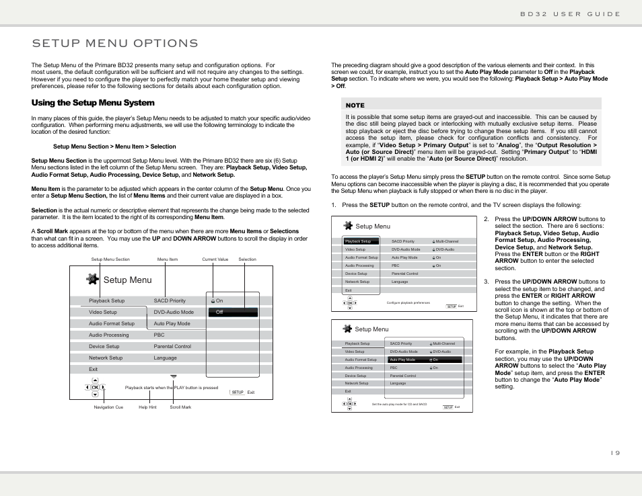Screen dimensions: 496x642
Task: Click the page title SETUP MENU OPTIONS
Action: point(115,44)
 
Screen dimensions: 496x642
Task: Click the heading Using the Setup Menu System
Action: point(93,103)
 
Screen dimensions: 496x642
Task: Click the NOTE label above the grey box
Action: point(355,106)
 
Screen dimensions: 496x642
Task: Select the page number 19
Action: point(615,453)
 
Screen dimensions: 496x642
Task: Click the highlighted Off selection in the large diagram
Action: point(232,313)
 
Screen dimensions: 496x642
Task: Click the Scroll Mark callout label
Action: point(180,407)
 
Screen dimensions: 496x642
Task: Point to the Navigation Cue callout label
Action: point(108,407)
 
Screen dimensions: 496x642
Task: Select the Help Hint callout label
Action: point(147,407)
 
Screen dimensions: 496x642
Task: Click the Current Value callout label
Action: point(215,259)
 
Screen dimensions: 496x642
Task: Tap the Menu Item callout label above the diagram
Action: point(168,259)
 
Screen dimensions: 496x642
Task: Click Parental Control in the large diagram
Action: point(172,347)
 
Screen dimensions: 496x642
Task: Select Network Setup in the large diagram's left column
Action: point(106,358)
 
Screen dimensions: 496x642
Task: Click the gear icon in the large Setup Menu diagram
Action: point(93,280)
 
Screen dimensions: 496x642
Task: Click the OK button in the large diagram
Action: point(96,388)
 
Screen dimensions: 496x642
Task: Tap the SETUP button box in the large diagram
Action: point(237,392)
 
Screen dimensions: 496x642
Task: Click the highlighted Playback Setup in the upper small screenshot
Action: point(358,241)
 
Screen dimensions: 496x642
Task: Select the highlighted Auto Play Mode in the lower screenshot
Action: point(402,360)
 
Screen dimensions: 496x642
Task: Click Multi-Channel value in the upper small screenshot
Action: point(447,241)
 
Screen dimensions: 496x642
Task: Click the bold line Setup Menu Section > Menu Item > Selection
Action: point(114,147)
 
